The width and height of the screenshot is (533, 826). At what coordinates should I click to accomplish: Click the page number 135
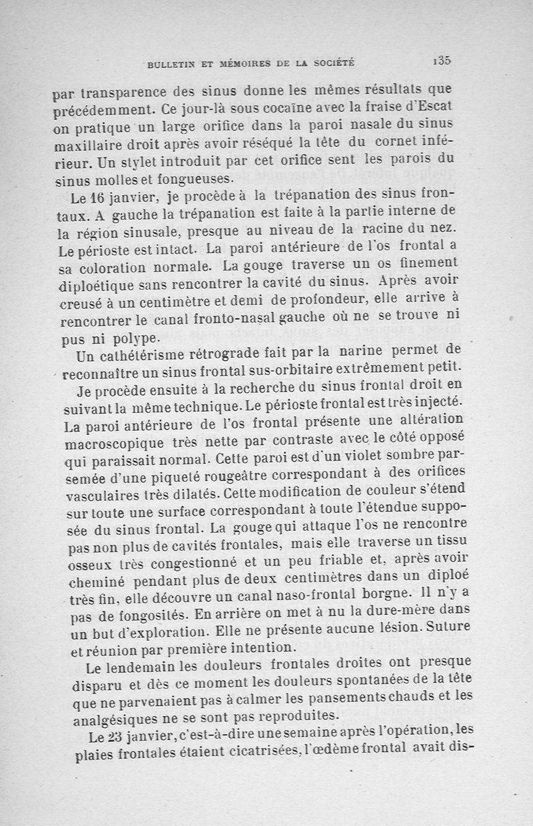tap(442, 59)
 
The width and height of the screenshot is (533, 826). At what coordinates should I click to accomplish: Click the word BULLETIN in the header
tap(173, 64)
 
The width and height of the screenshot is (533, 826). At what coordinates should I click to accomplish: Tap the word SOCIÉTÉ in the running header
tap(332, 64)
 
